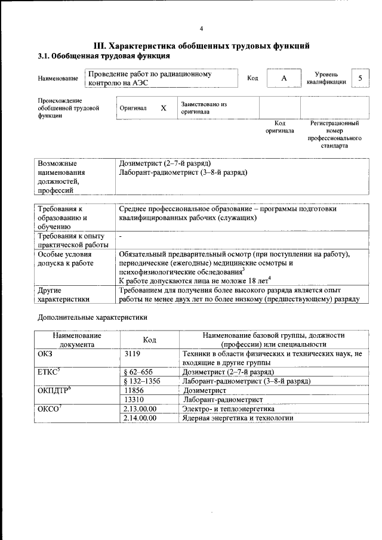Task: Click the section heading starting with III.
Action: [x=201, y=46]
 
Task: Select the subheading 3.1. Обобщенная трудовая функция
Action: [x=104, y=56]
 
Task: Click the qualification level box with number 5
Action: [x=360, y=79]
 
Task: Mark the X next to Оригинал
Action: [x=163, y=108]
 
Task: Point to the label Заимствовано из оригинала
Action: [x=204, y=107]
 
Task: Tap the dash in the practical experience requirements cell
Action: [x=121, y=237]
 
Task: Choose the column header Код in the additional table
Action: [x=150, y=340]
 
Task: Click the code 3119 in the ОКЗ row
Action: [x=132, y=354]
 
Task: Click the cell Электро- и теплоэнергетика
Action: [x=228, y=409]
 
